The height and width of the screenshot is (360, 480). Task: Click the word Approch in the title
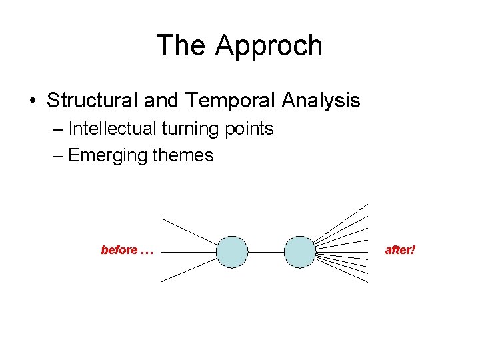(x=269, y=46)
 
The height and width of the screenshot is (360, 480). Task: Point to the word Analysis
(x=321, y=101)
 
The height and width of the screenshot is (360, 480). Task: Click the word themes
(x=183, y=156)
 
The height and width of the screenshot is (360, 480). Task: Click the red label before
(x=119, y=251)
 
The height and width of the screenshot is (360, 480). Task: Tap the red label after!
(x=400, y=251)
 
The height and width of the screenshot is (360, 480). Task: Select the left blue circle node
(x=232, y=252)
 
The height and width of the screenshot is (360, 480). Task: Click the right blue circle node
(x=299, y=252)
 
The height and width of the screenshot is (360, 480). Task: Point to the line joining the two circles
(x=265, y=252)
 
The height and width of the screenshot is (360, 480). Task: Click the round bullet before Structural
(x=32, y=101)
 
